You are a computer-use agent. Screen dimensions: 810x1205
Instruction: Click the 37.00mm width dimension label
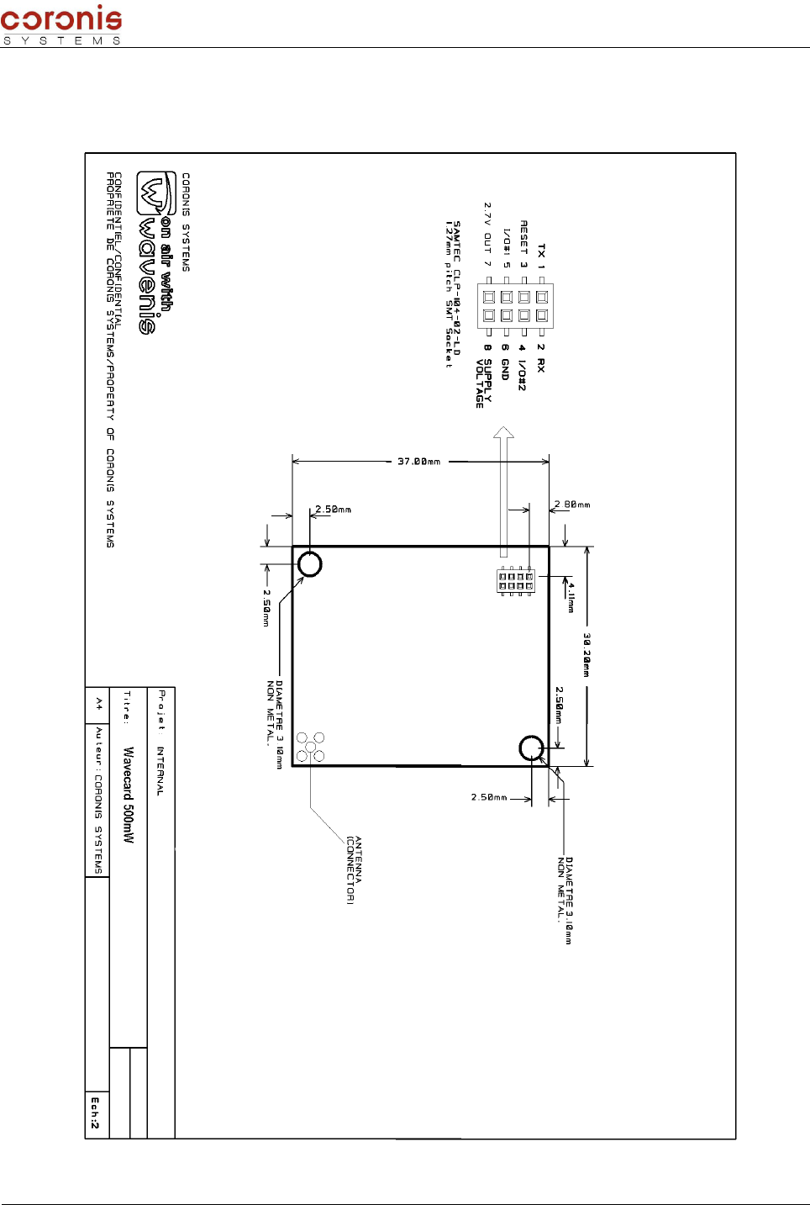pos(418,462)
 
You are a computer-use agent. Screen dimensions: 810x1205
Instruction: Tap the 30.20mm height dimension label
pos(586,655)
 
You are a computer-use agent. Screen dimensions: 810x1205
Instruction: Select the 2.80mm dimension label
pos(572,505)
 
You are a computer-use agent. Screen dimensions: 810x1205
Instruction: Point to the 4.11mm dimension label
pos(571,596)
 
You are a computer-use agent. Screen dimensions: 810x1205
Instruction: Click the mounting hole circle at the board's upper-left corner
pos(310,564)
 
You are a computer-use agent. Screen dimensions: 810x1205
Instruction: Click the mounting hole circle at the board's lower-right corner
pos(531,748)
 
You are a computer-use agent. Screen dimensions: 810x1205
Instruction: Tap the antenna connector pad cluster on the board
pos(311,747)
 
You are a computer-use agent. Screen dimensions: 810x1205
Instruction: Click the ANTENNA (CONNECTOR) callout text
pos(354,869)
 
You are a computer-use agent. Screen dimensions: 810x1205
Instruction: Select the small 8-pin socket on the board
pos(515,581)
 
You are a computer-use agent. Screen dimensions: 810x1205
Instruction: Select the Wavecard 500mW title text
pos(129,795)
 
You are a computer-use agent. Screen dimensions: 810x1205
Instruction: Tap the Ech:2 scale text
pos(96,1112)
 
